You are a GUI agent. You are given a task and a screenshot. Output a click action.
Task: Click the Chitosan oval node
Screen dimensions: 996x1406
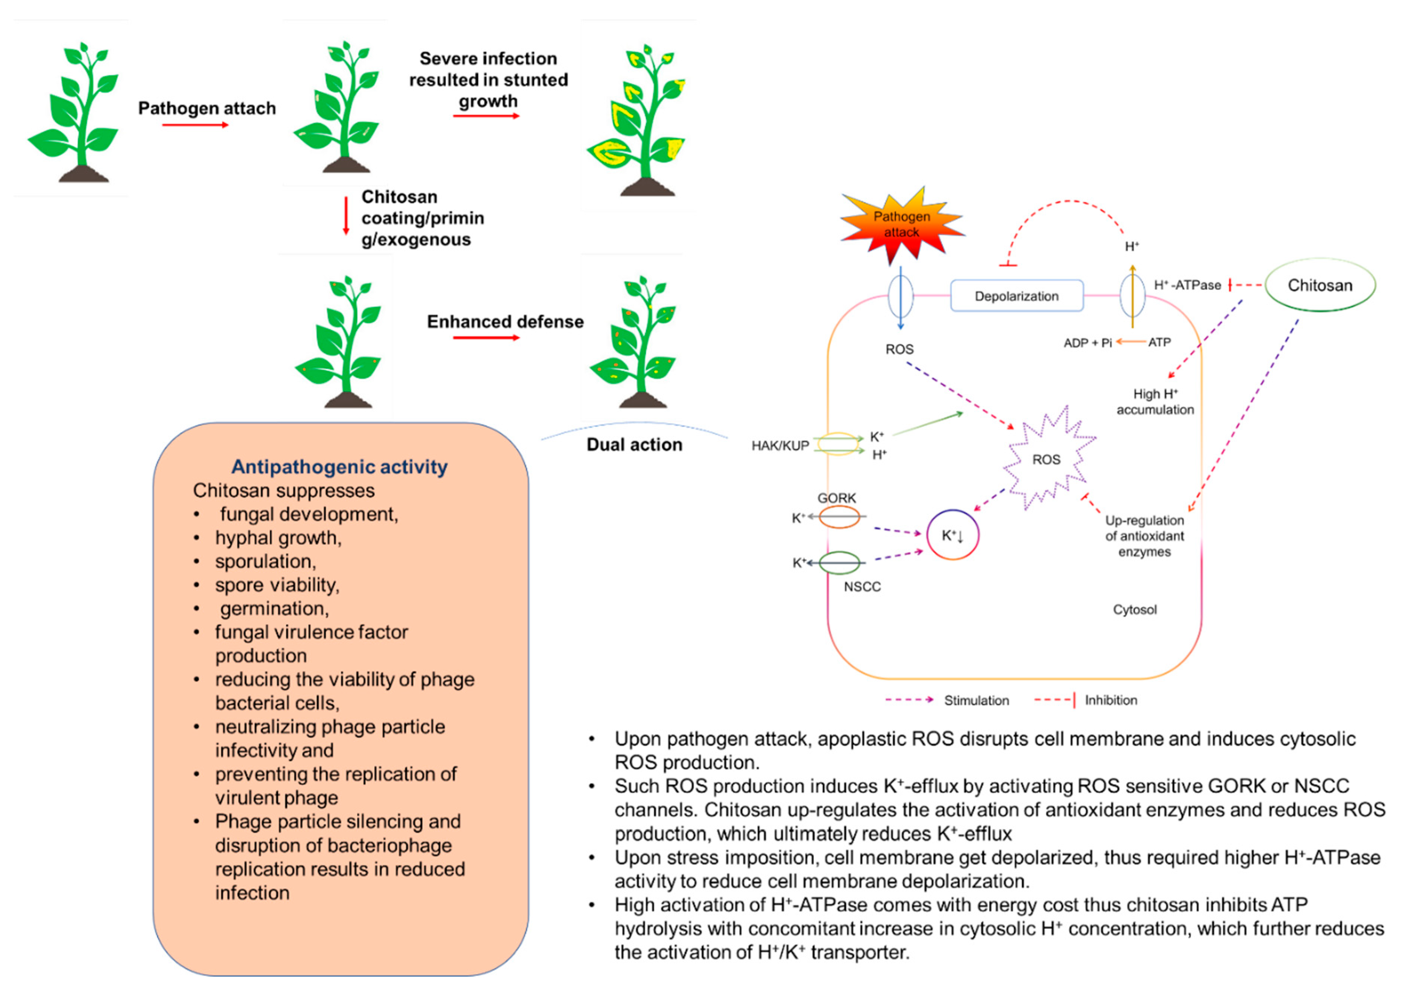coord(1319,285)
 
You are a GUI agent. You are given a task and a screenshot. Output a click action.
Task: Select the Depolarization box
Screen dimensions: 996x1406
coord(1016,296)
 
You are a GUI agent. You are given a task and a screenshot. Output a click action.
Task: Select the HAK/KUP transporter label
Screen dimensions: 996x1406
coord(780,446)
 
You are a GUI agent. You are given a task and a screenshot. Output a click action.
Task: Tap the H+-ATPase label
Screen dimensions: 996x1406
coord(1187,285)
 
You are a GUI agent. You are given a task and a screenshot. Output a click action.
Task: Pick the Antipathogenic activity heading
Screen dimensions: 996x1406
coord(340,467)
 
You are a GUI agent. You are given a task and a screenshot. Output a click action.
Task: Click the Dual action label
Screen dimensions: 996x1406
coord(634,444)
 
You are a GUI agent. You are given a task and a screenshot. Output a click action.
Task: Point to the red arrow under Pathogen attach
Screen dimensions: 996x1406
coord(195,125)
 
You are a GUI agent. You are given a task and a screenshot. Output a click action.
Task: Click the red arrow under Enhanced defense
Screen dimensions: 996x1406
coord(486,337)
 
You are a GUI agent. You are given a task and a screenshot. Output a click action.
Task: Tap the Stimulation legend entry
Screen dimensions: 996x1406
coord(976,700)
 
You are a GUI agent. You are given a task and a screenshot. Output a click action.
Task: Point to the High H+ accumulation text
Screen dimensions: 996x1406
coord(1155,402)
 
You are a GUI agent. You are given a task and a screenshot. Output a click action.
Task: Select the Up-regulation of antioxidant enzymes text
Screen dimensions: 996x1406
coord(1144,536)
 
